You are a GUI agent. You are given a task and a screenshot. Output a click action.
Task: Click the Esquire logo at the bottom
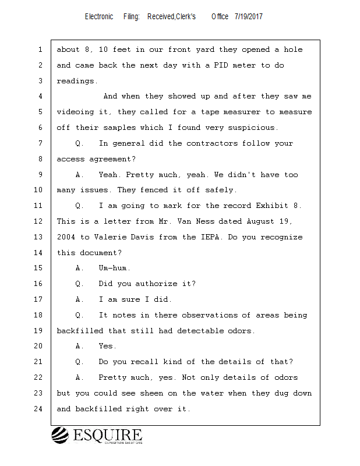pyautogui.click(x=97, y=435)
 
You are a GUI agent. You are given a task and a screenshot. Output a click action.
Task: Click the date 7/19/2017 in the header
pyautogui.click(x=249, y=16)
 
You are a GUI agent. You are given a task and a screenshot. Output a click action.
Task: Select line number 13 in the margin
pyautogui.click(x=40, y=237)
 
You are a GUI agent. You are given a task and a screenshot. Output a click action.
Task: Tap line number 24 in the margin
pyautogui.click(x=40, y=409)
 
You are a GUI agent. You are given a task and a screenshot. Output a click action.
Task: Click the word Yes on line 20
pyautogui.click(x=108, y=347)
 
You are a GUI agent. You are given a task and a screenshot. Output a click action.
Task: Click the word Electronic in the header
pyautogui.click(x=99, y=16)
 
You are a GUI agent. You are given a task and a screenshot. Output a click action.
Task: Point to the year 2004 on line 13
pyautogui.click(x=66, y=237)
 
